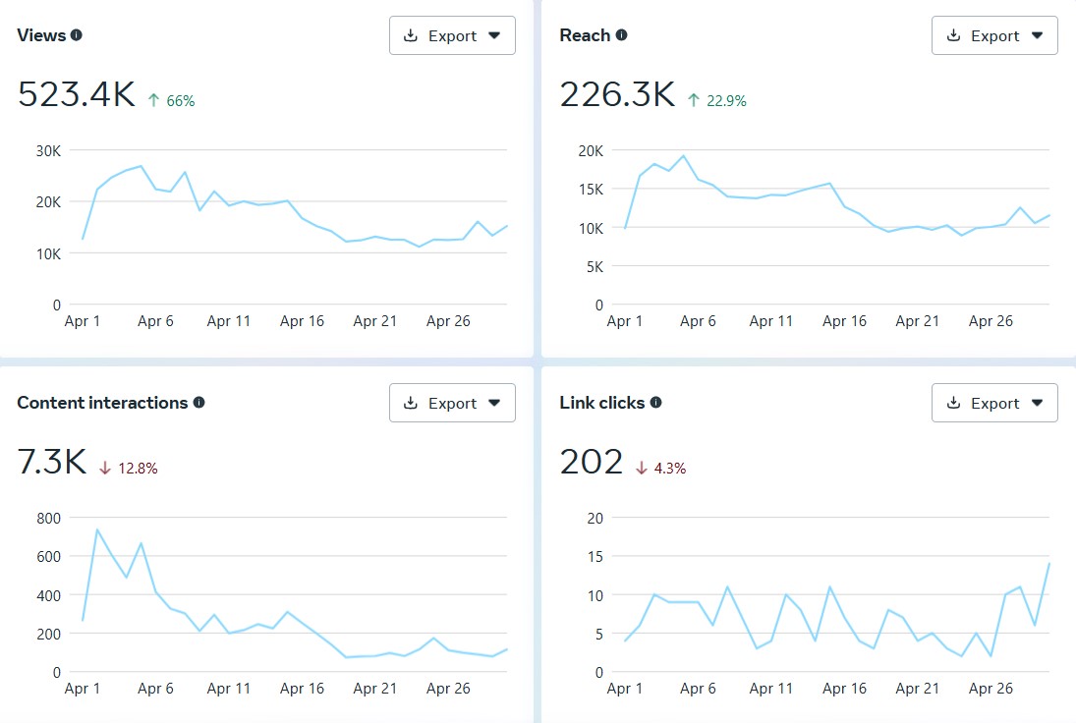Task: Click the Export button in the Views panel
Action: click(x=452, y=35)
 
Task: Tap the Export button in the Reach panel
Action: click(x=994, y=35)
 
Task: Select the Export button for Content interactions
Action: click(x=452, y=403)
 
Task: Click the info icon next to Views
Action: click(x=77, y=35)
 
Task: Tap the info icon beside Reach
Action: click(x=621, y=35)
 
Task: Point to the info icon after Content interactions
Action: click(x=199, y=402)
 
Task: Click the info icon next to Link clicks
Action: click(x=656, y=402)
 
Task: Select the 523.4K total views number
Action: click(x=77, y=94)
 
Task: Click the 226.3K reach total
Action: click(x=618, y=94)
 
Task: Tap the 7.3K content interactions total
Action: click(x=52, y=462)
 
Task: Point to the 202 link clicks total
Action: click(x=591, y=462)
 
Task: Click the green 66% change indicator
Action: click(x=172, y=101)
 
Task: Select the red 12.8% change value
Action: click(x=129, y=469)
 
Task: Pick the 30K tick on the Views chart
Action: click(x=48, y=151)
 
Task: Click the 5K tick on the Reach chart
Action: click(x=595, y=267)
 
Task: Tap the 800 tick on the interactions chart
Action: click(x=48, y=519)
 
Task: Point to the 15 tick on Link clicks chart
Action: click(x=595, y=557)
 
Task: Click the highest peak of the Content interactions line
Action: click(x=97, y=529)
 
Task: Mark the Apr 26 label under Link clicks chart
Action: click(x=991, y=688)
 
